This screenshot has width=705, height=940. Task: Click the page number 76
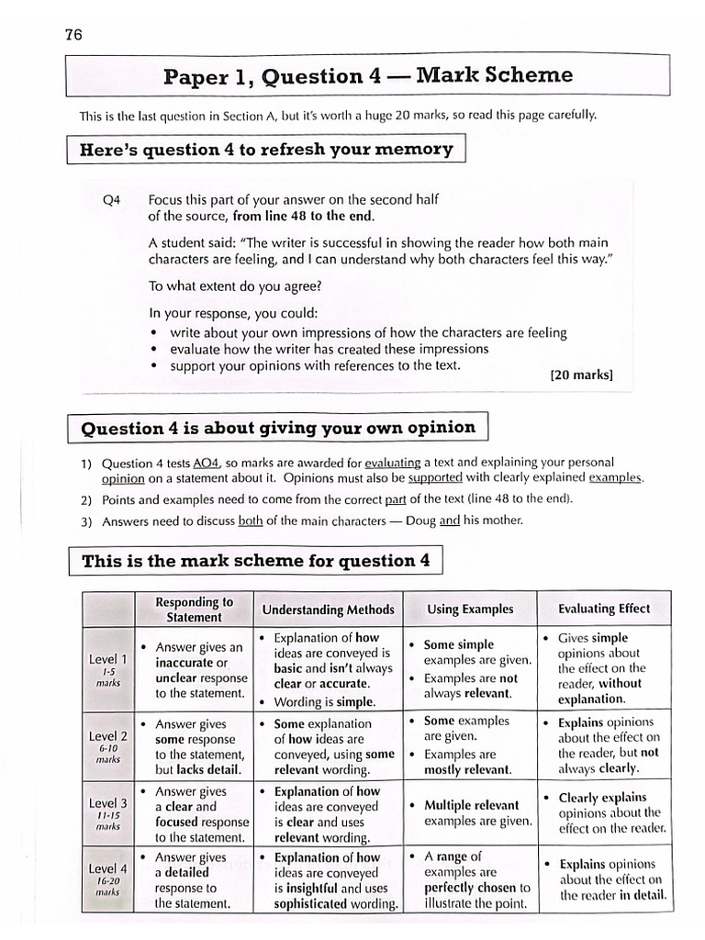73,35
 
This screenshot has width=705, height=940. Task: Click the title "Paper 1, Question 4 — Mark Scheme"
367,76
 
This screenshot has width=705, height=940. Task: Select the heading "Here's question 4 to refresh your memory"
266,149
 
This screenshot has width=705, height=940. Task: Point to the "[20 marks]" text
581,375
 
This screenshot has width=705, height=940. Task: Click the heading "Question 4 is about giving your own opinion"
278,428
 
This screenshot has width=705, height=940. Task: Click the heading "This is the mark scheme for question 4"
256,561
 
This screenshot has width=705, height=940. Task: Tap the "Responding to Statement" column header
194,610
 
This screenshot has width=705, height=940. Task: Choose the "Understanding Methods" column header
328,610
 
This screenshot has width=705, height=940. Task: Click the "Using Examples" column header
470,610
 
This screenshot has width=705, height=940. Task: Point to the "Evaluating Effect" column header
603,609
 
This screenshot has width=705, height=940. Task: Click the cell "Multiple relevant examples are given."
471,812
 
